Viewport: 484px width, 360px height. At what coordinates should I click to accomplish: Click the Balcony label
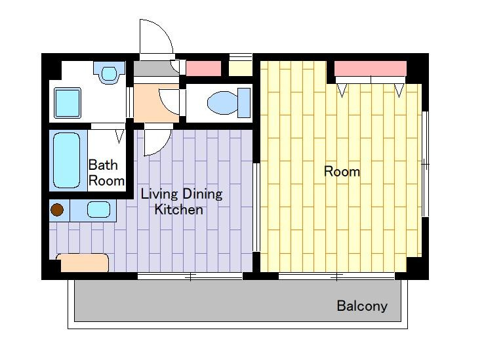coord(362,306)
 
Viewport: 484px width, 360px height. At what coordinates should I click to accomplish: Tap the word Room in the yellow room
coord(342,171)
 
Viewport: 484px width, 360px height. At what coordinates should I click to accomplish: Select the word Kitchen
coord(179,210)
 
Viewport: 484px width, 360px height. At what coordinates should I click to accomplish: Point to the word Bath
coord(103,165)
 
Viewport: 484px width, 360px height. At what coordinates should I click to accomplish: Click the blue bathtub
coord(67,160)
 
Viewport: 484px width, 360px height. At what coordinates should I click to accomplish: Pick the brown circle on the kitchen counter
coord(57,210)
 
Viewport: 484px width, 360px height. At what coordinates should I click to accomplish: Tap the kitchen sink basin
coord(98,209)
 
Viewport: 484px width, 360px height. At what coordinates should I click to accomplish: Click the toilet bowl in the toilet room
coord(222,102)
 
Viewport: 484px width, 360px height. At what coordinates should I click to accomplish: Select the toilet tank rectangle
coord(244,103)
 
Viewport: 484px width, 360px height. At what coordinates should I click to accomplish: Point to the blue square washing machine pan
coord(68,103)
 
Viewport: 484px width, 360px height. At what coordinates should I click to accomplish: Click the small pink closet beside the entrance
coord(204,68)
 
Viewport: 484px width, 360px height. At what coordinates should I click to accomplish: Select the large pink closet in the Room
coord(371,68)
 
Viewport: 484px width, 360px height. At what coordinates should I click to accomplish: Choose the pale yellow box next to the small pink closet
coord(241,68)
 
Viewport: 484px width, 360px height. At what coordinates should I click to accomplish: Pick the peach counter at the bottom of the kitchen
coord(83,263)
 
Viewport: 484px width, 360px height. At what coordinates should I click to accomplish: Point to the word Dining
coord(202,195)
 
